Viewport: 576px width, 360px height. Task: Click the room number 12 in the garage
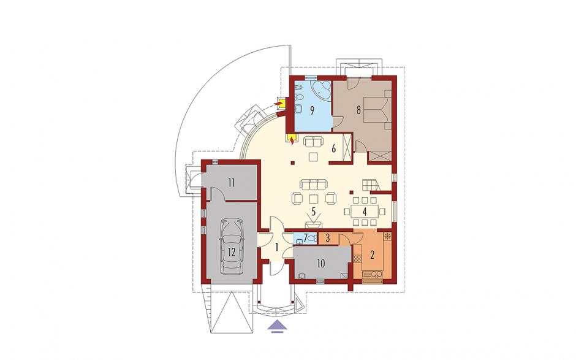click(x=232, y=252)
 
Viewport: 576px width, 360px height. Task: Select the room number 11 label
click(x=231, y=182)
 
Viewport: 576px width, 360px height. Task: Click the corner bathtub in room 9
click(x=322, y=90)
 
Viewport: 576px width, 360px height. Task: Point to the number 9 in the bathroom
click(x=312, y=110)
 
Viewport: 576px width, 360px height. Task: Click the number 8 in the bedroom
click(x=358, y=110)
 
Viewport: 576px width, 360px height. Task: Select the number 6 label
click(x=333, y=148)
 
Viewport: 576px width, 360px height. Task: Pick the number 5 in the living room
click(x=313, y=212)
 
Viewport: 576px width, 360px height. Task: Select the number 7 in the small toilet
click(x=306, y=236)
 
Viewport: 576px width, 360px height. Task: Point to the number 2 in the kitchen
click(x=372, y=255)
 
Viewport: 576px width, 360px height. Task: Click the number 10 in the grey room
click(x=320, y=263)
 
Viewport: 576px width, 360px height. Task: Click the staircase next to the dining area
click(x=370, y=185)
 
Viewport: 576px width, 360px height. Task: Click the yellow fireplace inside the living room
click(x=291, y=140)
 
